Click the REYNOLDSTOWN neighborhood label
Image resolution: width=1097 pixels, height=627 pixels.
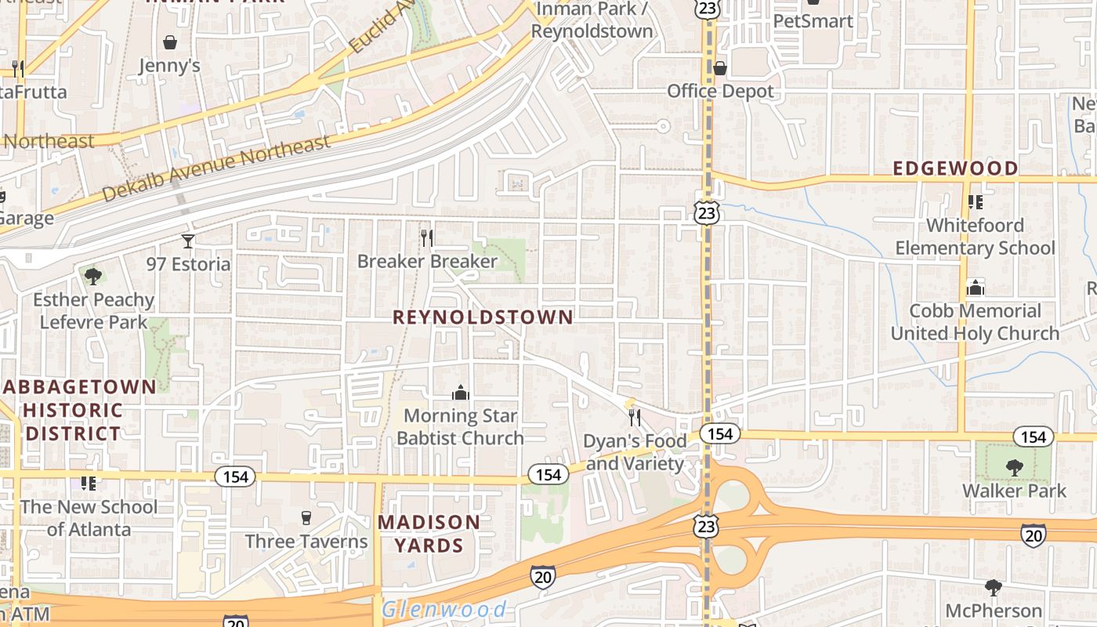(483, 317)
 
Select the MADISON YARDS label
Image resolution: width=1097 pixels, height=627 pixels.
(429, 533)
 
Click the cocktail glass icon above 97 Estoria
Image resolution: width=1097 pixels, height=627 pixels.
(188, 241)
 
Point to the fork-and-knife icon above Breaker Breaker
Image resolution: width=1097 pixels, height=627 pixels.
(427, 237)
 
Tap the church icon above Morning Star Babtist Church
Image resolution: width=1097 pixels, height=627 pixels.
(460, 392)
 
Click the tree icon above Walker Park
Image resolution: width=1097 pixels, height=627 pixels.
(1015, 468)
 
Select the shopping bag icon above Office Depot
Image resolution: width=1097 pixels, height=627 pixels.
(719, 69)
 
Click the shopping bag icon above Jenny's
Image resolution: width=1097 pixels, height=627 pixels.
(170, 42)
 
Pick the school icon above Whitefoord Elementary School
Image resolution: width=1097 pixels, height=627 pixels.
(976, 202)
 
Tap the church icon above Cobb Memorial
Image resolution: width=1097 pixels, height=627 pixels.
(976, 288)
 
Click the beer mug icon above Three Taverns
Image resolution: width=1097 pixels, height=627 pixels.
(306, 517)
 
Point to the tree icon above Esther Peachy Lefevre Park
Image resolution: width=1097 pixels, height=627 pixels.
(93, 276)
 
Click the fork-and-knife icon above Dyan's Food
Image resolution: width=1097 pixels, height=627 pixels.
(635, 417)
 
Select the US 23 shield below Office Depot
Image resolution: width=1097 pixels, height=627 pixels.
(707, 212)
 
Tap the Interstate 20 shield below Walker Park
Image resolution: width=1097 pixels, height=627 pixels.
(1033, 535)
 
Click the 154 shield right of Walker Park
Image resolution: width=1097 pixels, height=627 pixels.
(1033, 437)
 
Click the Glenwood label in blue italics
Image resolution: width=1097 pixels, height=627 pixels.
(444, 609)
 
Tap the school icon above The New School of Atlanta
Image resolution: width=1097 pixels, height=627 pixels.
(89, 483)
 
